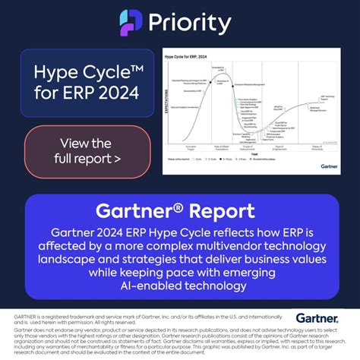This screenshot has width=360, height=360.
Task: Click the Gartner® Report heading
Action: pos(180,210)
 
